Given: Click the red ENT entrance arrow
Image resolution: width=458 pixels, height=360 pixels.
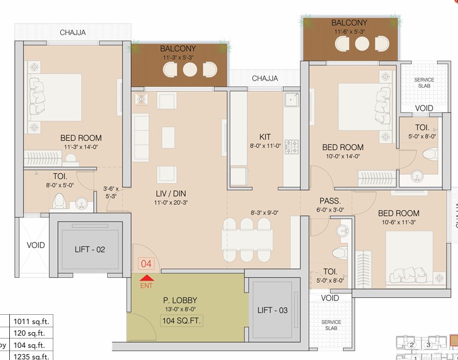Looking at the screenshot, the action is coord(146,278).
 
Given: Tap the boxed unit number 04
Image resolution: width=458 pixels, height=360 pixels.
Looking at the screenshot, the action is coord(146,264).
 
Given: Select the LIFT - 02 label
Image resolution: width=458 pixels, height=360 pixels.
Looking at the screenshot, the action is coord(90,249).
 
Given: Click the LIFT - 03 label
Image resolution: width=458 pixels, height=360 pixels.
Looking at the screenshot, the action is coord(272,310).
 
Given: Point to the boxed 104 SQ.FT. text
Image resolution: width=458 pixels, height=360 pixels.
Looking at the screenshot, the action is coord(181,321).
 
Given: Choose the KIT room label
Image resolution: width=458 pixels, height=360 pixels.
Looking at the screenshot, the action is coord(265,137).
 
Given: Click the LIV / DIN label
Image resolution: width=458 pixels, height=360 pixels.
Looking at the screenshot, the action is coord(171,193).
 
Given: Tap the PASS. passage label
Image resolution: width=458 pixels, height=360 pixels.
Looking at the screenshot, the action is coord(330,201).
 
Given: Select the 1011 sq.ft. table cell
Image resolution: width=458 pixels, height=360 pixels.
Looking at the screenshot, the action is coord(31,322).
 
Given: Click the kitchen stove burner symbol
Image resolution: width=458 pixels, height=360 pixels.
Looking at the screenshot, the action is coord(292,147).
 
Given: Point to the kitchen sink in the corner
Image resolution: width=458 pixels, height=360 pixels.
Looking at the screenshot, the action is coord(291,99).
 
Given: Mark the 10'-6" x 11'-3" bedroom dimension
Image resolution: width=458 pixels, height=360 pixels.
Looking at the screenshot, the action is coord(399,222).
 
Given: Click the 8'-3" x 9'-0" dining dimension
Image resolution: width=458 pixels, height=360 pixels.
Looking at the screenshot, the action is coord(264,213).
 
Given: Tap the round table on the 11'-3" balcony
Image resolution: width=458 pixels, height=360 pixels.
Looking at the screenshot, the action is coord(190,70).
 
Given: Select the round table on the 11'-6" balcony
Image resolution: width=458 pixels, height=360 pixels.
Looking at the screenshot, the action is coord(362,43).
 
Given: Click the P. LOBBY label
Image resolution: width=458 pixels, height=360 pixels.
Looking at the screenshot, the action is coord(180,300).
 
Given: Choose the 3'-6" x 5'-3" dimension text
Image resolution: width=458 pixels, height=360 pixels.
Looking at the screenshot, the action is coord(111,192).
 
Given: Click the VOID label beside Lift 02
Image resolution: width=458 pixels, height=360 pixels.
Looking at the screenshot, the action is coord(35,245).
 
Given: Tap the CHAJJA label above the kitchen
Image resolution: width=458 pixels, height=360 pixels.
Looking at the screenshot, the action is coord(265,78).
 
